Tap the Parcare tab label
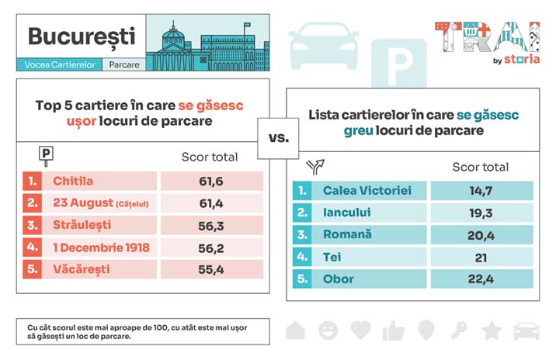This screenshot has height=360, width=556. click(x=124, y=65)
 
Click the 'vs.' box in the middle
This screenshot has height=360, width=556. click(x=278, y=139)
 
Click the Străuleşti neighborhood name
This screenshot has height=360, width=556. click(x=82, y=225)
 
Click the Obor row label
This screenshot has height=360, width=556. click(x=339, y=279)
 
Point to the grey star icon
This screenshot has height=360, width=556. click(x=491, y=331)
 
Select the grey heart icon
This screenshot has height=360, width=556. click(x=361, y=331)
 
